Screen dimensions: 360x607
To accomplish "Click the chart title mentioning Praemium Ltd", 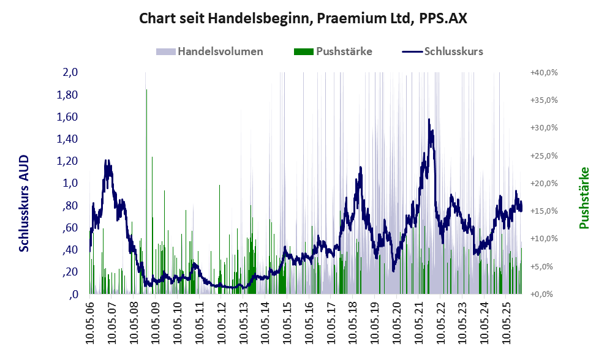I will point(303,18).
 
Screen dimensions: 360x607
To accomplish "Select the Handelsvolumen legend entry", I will point(220,51).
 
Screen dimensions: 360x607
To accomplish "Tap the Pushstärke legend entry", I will point(344,51).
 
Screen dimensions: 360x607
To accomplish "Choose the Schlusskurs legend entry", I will point(453,51).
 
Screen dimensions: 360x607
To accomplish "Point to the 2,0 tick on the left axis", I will point(70,72).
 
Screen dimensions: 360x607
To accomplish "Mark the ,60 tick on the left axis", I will point(69,228).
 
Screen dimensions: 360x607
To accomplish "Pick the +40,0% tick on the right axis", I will point(543,72).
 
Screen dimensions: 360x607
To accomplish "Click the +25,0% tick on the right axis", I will point(543,156).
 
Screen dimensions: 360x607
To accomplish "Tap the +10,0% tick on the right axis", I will point(543,239).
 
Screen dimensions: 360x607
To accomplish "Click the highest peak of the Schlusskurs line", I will point(429,119).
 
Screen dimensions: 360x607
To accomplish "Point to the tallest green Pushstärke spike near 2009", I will point(146,91).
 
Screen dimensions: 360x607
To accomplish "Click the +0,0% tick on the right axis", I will point(543,294).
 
